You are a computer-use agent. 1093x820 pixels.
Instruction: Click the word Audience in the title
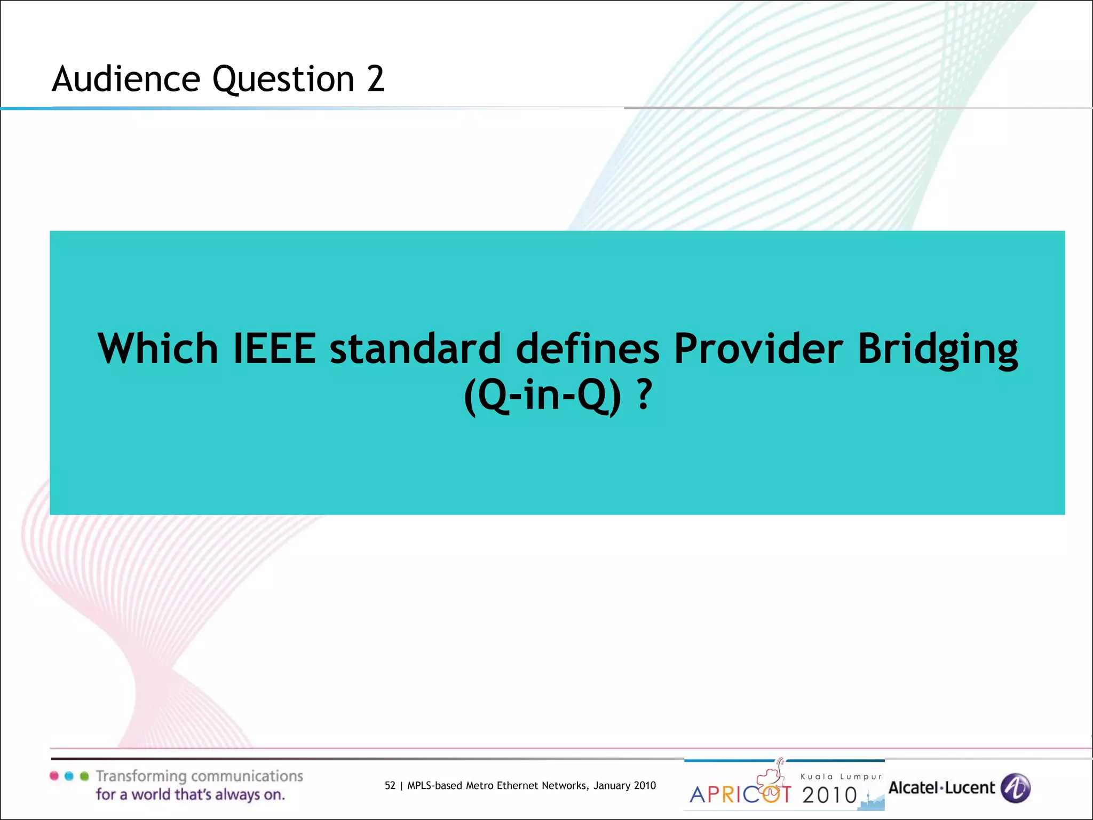(125, 79)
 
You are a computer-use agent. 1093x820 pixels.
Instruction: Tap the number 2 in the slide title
(375, 79)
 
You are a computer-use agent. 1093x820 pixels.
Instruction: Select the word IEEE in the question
(275, 349)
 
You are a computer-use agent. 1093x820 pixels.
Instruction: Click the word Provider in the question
(758, 349)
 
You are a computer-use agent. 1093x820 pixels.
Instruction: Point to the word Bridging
(937, 350)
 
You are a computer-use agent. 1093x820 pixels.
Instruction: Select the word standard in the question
(415, 349)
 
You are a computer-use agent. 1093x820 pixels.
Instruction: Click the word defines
(587, 349)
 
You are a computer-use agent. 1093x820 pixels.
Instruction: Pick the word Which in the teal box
(157, 349)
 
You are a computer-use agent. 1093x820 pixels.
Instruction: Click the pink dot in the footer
(54, 776)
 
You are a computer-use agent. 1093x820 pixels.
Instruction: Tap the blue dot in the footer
(69, 776)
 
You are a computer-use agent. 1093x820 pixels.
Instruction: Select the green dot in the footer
(84, 776)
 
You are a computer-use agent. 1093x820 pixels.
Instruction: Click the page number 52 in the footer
(390, 785)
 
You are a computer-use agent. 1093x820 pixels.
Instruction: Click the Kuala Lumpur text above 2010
(841, 777)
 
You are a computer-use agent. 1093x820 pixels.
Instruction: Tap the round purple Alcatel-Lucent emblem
(1015, 788)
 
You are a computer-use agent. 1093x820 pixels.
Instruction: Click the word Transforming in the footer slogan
(141, 776)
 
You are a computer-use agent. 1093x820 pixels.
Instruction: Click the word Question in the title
(283, 79)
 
